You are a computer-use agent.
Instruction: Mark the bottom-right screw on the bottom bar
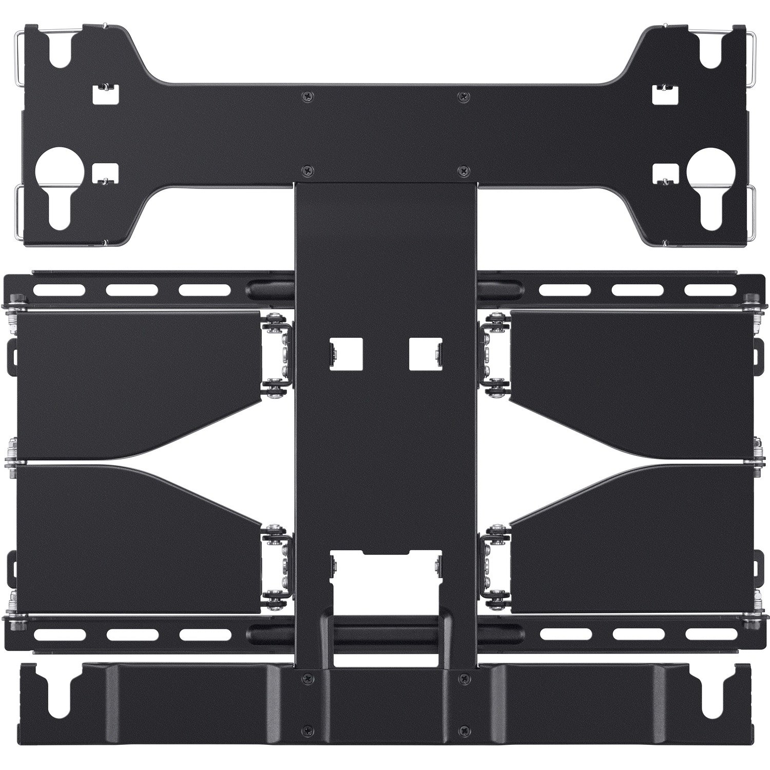(464, 727)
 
